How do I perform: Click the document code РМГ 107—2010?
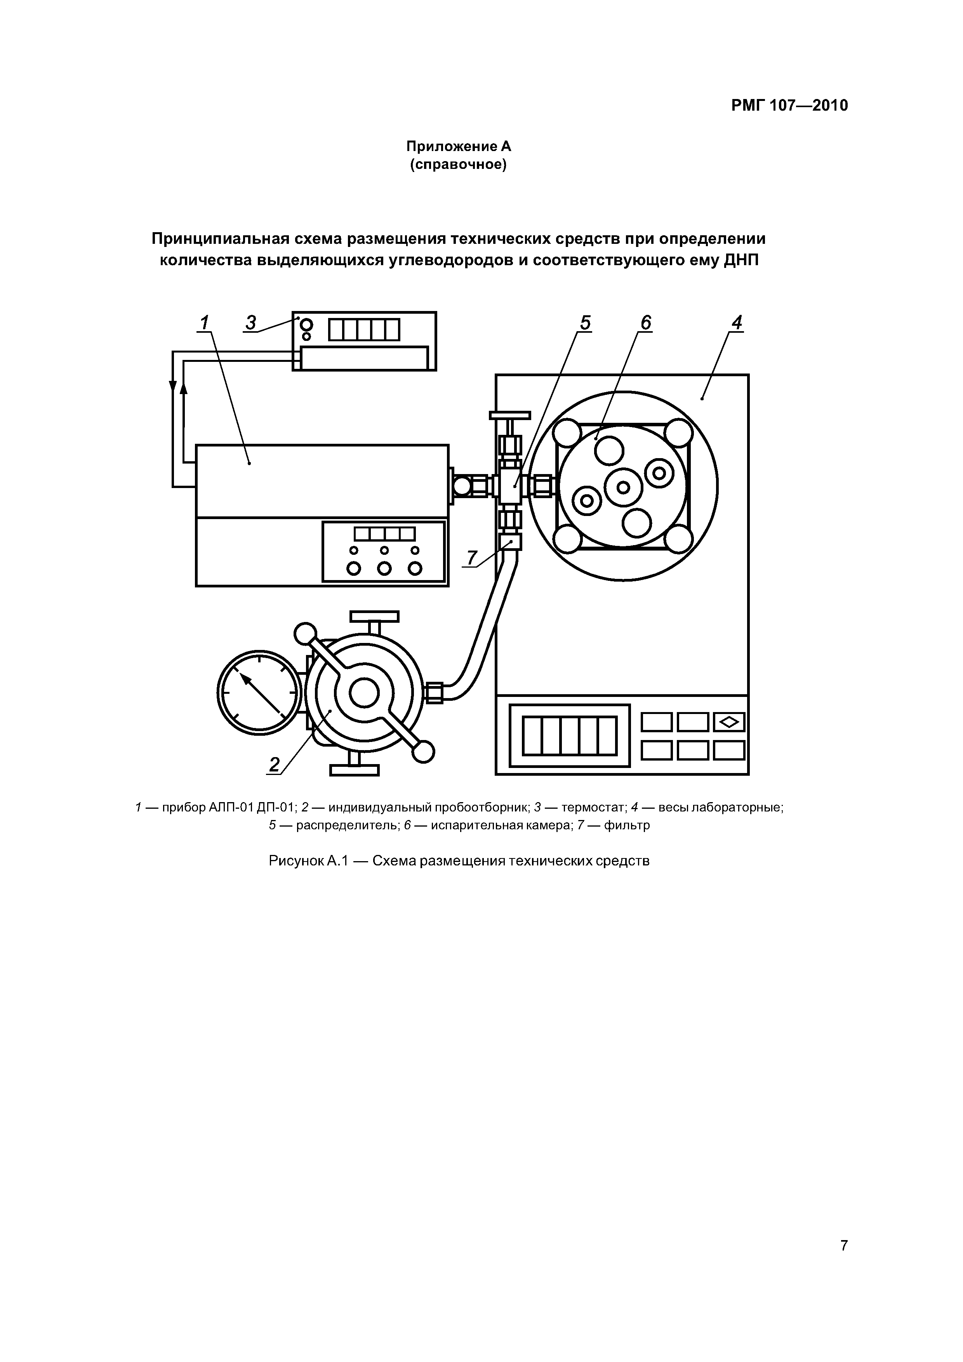(x=789, y=106)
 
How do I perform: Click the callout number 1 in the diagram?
(x=204, y=323)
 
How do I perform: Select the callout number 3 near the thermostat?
(x=251, y=323)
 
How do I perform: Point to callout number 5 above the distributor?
(x=585, y=323)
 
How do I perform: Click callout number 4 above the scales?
(x=736, y=323)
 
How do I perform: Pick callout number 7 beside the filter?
(x=472, y=558)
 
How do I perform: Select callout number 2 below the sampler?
(x=274, y=764)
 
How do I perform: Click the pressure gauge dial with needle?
(x=259, y=692)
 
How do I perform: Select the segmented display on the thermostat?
(x=364, y=330)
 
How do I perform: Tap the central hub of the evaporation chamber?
(x=623, y=487)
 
